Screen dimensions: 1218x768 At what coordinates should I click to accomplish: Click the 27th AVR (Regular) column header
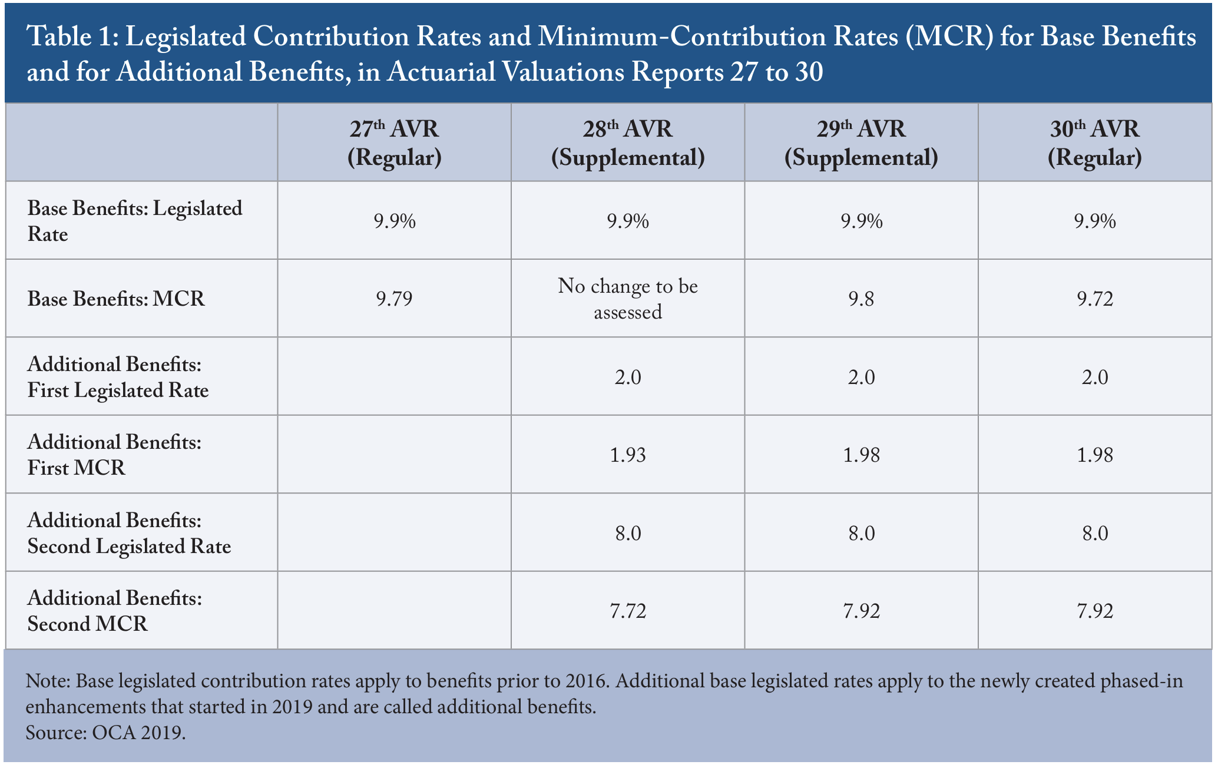pos(394,143)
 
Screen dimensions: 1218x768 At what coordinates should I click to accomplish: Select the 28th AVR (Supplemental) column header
pos(628,143)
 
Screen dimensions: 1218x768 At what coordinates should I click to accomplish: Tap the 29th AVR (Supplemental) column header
pos(861,143)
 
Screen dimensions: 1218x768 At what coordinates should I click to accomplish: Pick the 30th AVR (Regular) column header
pos(1095,143)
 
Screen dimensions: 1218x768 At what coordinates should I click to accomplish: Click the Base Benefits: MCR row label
pos(116,299)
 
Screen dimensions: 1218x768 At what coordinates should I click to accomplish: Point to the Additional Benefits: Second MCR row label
pos(115,611)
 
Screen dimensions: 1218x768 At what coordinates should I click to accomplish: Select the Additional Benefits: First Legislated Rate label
pos(118,377)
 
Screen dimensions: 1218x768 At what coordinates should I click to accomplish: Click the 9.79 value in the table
pos(394,299)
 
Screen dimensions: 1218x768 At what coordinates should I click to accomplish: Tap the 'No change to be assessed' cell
pos(628,299)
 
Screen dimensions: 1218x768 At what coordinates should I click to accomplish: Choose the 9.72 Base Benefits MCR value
pos(1095,299)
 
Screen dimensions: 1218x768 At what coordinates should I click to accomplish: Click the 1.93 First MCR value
pos(628,455)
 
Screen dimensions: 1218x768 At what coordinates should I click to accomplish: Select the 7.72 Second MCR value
pos(628,611)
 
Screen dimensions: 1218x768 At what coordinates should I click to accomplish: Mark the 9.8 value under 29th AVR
pos(861,299)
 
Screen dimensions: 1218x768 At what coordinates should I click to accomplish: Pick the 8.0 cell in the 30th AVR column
pos(1095,533)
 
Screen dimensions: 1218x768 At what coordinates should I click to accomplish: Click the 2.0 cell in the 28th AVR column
pos(628,377)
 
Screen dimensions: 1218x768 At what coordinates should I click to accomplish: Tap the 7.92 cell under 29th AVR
pos(861,611)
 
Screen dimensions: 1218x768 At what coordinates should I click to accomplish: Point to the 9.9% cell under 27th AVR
pos(394,221)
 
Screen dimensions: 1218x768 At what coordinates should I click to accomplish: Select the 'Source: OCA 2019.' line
pos(106,733)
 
